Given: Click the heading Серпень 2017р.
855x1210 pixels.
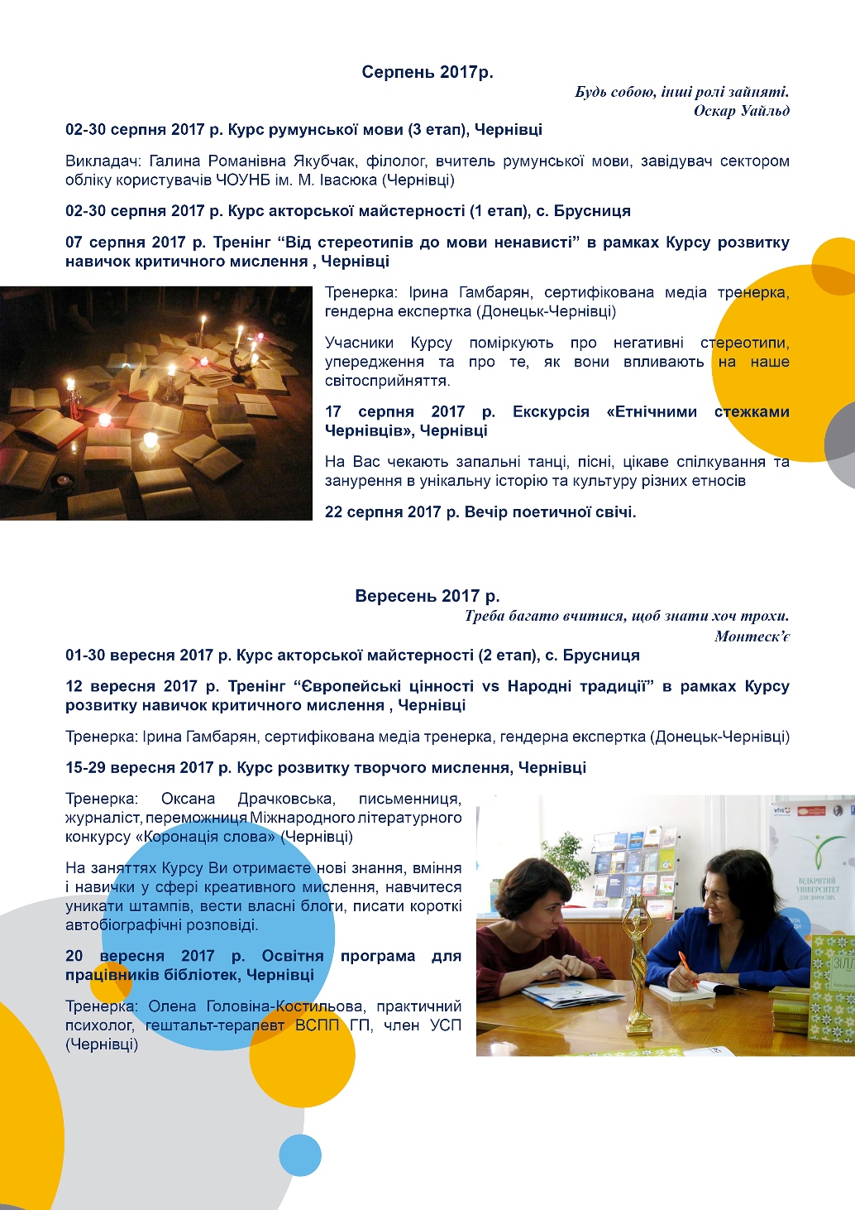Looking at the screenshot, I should (x=427, y=72).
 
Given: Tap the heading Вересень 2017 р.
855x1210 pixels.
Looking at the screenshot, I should (x=427, y=596).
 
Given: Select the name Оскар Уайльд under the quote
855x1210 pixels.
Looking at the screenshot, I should (x=741, y=111).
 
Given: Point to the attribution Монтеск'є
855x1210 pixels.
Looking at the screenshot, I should (x=752, y=636).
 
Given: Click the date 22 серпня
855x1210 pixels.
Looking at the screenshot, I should (x=371, y=511).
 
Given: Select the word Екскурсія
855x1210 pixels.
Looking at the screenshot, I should (x=550, y=411).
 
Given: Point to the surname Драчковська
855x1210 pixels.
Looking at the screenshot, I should (x=285, y=799).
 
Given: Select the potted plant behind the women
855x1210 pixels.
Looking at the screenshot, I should (x=567, y=852).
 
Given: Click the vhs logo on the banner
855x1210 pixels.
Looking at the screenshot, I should (x=781, y=811).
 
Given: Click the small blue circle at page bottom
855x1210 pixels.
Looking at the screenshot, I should (x=299, y=1155).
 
